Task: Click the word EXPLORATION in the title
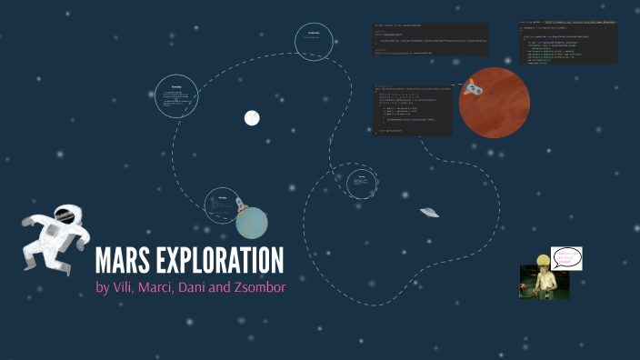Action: click(x=226, y=261)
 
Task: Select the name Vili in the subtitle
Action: click(x=128, y=288)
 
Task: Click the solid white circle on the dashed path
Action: click(x=252, y=117)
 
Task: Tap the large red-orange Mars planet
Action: click(x=495, y=102)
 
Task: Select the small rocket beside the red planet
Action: click(x=471, y=88)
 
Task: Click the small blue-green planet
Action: click(x=252, y=223)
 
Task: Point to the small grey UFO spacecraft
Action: click(x=429, y=213)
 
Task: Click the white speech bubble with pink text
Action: click(x=565, y=258)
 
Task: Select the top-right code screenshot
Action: click(x=568, y=42)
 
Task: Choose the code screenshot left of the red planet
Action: click(x=412, y=110)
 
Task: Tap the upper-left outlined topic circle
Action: click(x=177, y=95)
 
